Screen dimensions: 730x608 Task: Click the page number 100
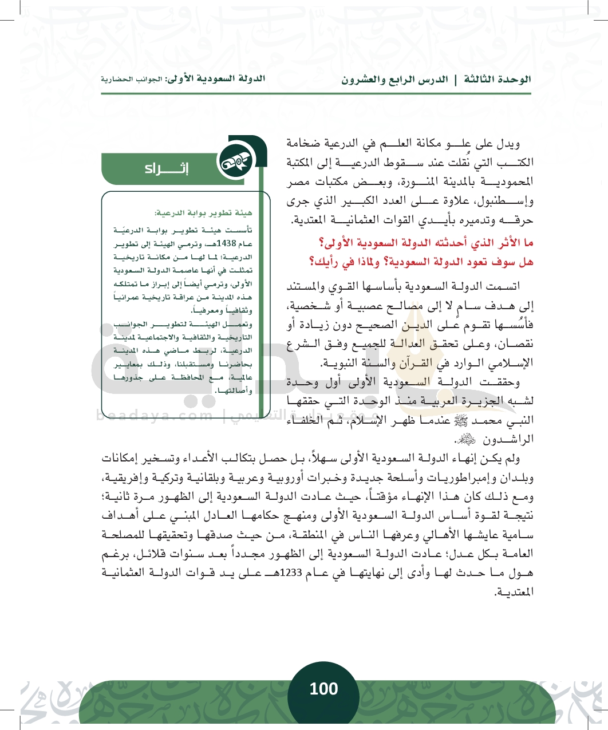(323, 689)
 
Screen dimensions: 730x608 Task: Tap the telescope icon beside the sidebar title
(235, 163)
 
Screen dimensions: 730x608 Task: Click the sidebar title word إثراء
(167, 168)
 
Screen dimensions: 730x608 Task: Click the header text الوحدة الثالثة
(497, 79)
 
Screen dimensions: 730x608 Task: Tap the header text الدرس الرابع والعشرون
(394, 79)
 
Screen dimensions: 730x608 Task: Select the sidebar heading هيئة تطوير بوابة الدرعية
(203, 213)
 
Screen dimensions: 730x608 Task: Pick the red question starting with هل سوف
(421, 262)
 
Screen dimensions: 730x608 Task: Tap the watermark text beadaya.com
(155, 415)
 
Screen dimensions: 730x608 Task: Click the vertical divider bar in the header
(456, 79)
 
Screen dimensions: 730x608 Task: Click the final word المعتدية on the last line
(513, 592)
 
